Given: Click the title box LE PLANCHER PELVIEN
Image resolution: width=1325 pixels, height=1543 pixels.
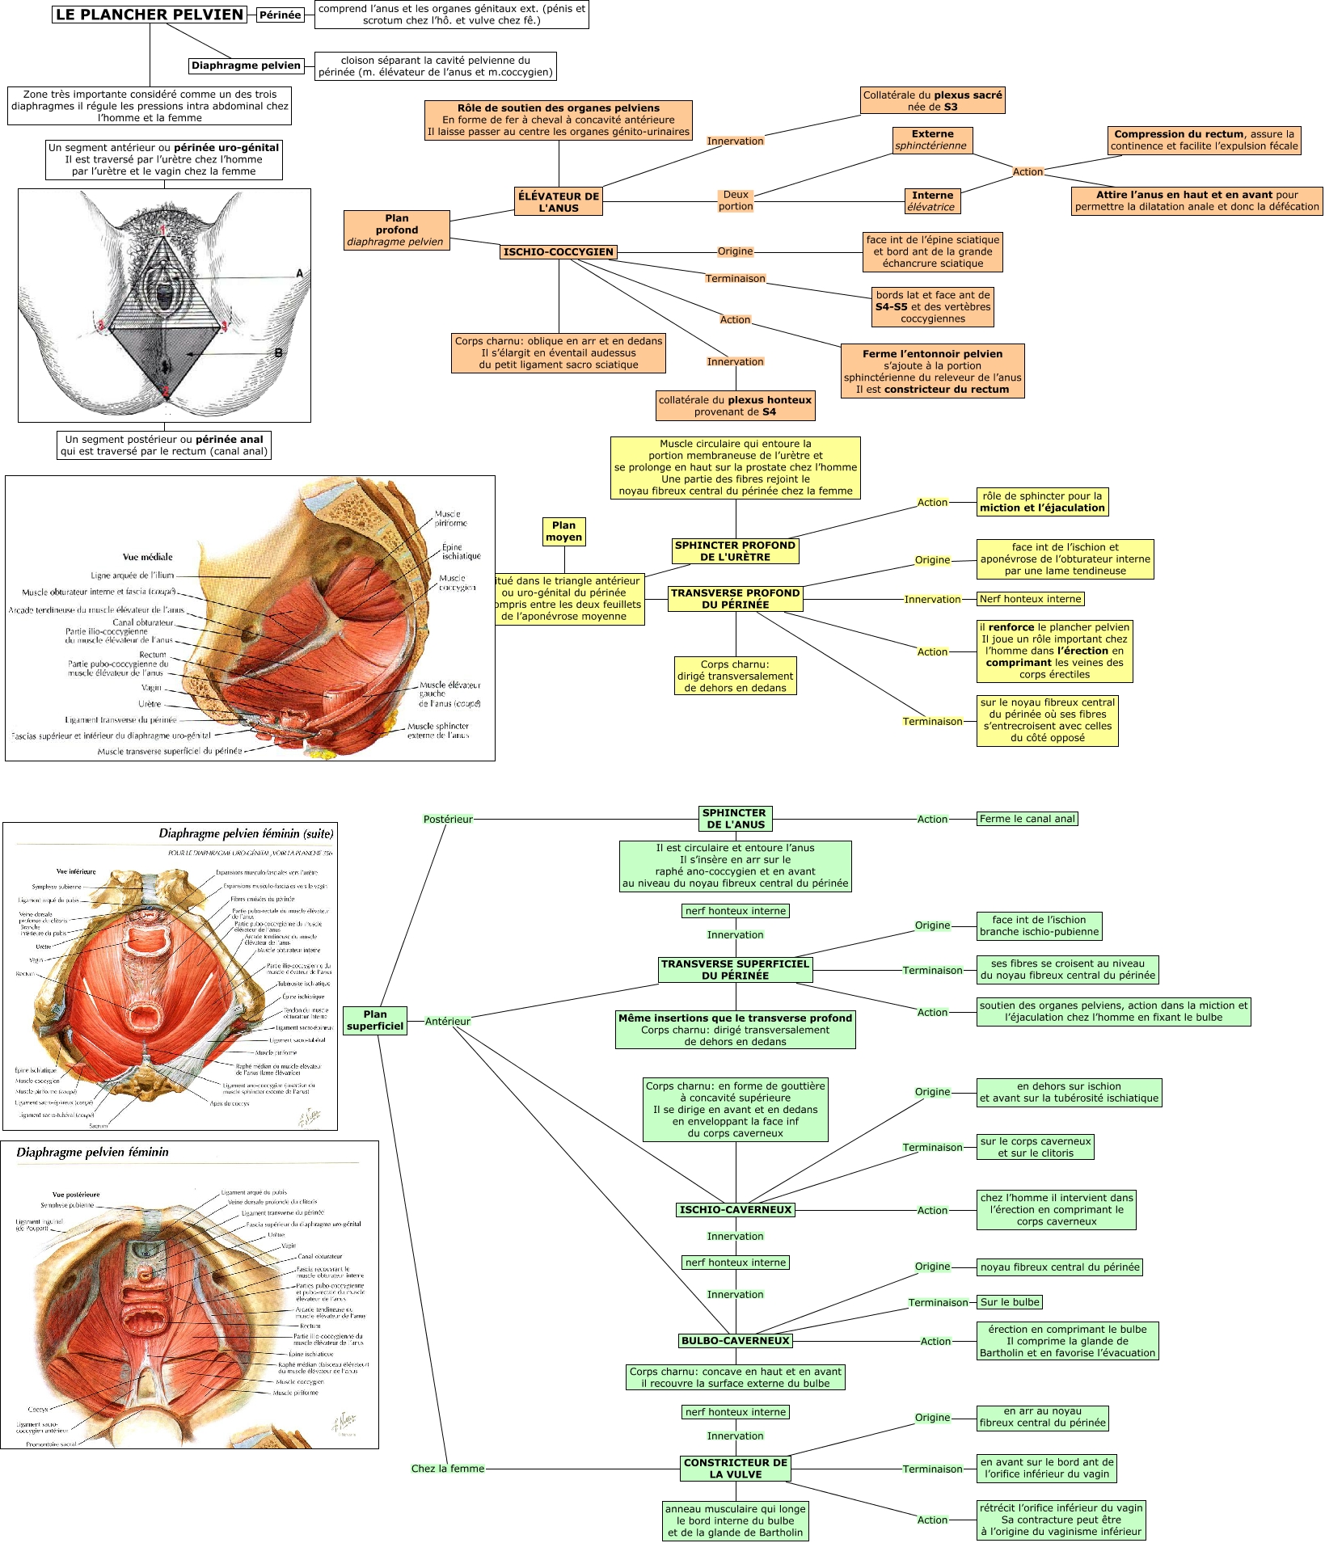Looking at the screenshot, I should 150,15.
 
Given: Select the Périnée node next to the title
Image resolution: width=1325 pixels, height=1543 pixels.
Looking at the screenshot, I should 280,15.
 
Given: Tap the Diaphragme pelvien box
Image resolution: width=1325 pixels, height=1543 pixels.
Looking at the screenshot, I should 246,65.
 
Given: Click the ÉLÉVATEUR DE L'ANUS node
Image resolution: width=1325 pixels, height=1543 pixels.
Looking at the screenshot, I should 559,201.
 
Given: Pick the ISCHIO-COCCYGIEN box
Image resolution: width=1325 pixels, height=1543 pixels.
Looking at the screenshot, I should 559,251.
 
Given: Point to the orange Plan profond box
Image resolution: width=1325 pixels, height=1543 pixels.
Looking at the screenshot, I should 396,230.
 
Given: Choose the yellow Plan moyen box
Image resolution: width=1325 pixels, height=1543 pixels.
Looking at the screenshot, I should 563,531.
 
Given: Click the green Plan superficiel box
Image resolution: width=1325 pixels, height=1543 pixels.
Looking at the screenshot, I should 374,1020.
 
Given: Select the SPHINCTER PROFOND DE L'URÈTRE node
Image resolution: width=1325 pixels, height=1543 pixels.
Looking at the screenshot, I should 735,550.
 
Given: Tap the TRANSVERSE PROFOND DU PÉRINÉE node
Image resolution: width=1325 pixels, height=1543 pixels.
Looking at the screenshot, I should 735,598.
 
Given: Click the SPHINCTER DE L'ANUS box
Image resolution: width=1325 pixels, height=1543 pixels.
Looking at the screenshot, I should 734,819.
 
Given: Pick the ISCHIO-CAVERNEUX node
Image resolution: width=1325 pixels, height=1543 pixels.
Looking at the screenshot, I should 736,1210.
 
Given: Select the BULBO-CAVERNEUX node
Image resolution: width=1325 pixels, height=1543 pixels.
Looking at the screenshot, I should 736,1340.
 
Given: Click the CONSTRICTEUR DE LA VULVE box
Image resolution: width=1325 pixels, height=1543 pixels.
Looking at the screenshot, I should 736,1468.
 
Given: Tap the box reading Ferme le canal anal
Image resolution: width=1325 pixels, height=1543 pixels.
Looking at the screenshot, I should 1027,819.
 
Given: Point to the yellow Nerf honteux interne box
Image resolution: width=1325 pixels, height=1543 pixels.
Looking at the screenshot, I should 1030,599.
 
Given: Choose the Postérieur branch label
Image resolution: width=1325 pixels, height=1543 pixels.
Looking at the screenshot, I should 448,819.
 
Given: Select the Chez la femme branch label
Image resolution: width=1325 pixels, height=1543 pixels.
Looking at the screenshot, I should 448,1468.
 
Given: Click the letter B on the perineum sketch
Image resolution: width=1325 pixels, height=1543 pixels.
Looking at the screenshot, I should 278,352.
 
